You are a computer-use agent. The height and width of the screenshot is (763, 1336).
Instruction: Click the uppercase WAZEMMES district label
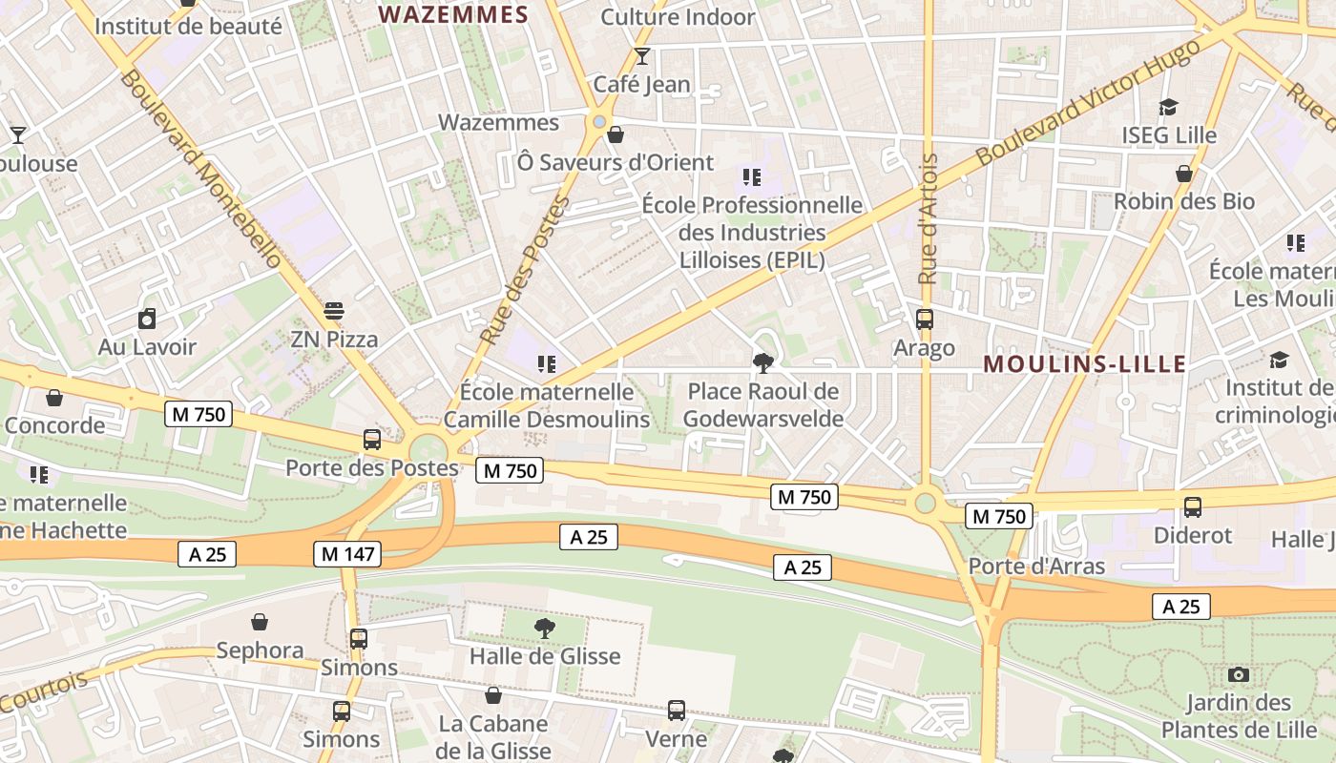click(x=453, y=14)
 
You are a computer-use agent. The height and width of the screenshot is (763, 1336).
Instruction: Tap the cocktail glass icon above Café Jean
click(x=642, y=56)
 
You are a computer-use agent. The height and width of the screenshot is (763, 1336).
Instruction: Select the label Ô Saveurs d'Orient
click(x=616, y=162)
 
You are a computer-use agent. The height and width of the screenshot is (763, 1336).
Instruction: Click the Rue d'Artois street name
click(x=928, y=219)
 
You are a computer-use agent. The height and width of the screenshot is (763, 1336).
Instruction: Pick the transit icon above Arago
click(x=924, y=320)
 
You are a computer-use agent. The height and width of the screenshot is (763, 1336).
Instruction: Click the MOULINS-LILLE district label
click(x=1085, y=363)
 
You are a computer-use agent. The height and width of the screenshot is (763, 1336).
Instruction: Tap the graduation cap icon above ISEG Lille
click(x=1168, y=108)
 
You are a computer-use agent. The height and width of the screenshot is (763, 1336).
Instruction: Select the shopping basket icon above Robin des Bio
click(x=1184, y=174)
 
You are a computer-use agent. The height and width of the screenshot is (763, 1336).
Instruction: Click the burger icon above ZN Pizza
click(x=333, y=311)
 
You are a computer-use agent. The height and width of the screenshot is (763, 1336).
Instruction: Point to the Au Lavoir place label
click(x=147, y=346)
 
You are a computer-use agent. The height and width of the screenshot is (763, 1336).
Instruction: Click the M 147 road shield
click(x=347, y=553)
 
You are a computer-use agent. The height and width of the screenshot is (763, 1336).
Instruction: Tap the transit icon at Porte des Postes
click(x=372, y=440)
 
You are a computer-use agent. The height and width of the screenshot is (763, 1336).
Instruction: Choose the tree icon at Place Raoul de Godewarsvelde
click(x=762, y=362)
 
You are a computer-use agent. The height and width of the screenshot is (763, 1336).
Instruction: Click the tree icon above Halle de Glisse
click(x=545, y=628)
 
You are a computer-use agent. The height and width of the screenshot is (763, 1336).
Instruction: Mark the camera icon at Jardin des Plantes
click(x=1239, y=675)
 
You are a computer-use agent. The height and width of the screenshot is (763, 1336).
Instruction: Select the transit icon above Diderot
click(x=1192, y=507)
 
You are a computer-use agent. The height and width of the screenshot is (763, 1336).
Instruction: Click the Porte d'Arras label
click(x=1036, y=567)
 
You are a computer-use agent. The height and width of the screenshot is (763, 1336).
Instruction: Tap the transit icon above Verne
click(x=676, y=711)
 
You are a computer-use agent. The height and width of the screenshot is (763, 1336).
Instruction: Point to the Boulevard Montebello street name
click(x=201, y=169)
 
